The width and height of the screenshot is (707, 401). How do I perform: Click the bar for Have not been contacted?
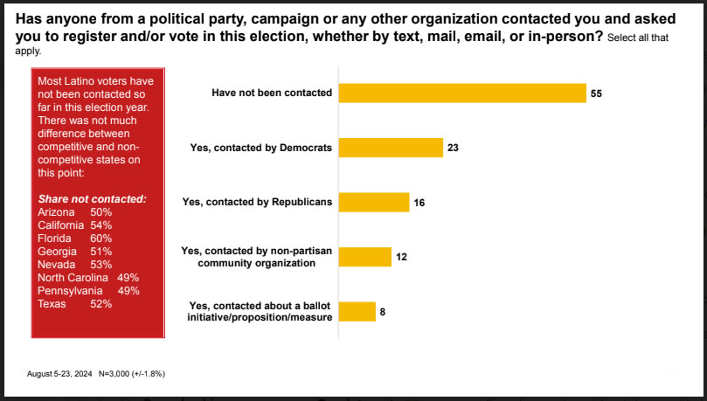461,93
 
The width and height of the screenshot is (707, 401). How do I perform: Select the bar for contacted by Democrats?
391,148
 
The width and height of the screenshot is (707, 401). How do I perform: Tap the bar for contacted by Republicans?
374,202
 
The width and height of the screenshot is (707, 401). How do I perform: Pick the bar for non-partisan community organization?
364,257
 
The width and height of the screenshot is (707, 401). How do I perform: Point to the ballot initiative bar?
357,311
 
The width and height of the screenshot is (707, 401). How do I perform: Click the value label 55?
597,93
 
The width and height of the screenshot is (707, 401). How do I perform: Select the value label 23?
453,148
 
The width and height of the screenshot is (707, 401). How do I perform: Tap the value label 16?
419,203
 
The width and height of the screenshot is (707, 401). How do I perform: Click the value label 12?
402,257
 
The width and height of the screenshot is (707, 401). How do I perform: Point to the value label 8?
383,311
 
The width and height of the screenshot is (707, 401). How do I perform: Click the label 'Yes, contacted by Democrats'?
260,148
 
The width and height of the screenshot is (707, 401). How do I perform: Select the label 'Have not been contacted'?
271,93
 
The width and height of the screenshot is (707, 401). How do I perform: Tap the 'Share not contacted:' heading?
92,199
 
